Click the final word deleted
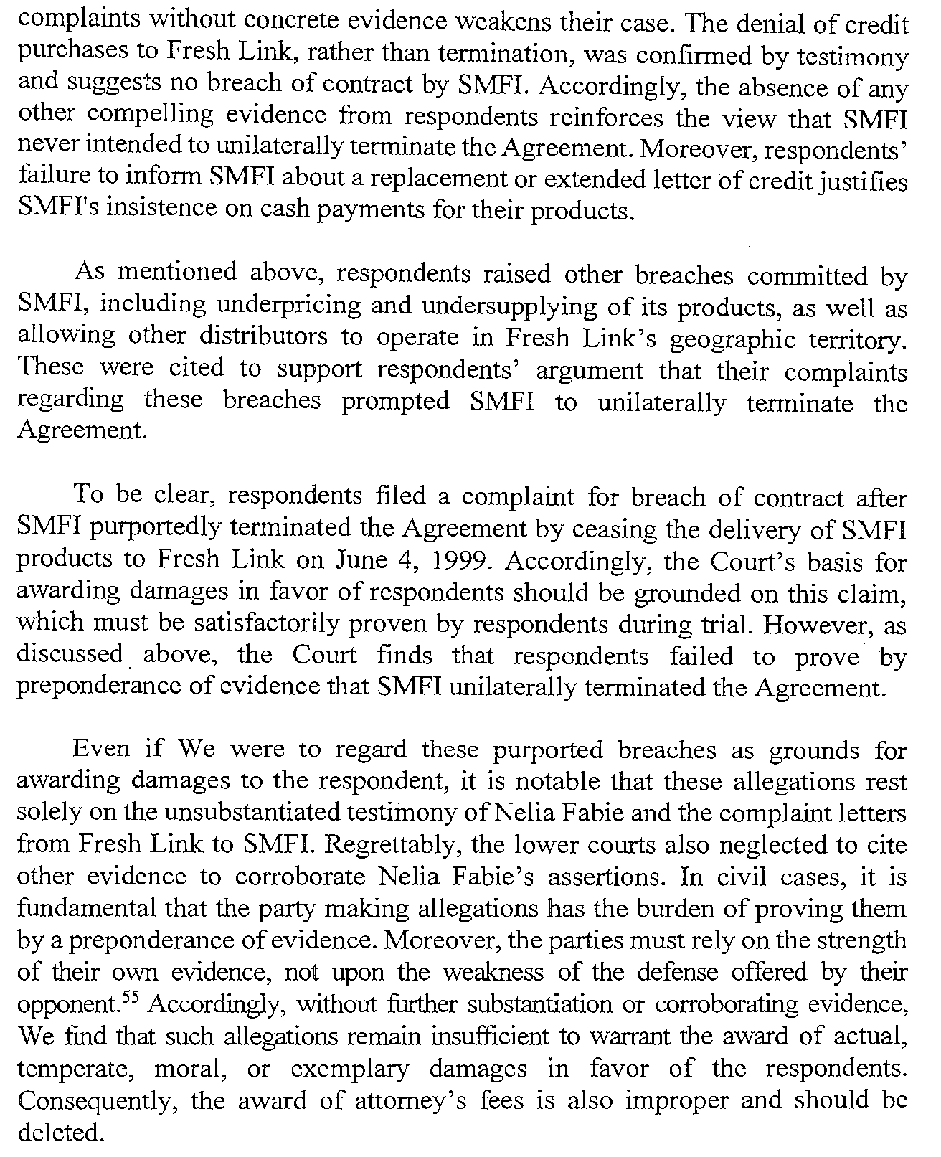(x=60, y=1133)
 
